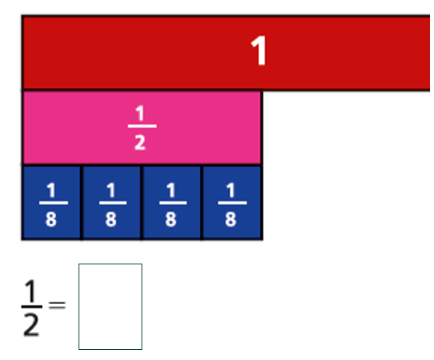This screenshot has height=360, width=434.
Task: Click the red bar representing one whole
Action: (x=226, y=53)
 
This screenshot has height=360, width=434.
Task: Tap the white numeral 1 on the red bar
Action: (x=258, y=51)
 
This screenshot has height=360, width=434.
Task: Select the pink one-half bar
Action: (x=142, y=128)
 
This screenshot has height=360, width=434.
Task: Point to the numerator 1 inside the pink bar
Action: (x=140, y=113)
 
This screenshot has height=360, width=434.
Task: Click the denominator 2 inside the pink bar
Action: (x=140, y=143)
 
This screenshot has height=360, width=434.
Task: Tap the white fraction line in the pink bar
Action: (x=142, y=126)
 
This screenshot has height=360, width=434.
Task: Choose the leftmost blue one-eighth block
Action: (x=51, y=203)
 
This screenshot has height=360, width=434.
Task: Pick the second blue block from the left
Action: (x=111, y=203)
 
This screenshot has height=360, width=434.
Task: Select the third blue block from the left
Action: (x=172, y=203)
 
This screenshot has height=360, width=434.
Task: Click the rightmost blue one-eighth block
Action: (x=233, y=203)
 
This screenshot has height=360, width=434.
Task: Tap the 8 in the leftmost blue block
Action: (x=51, y=219)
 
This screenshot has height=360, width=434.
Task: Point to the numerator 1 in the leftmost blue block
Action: (x=51, y=190)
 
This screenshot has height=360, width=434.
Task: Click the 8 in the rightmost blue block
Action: (x=230, y=219)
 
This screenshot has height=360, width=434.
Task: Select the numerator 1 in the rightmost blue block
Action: (x=231, y=190)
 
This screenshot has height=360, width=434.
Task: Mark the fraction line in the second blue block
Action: (x=113, y=203)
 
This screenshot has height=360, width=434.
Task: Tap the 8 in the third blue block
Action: (x=171, y=219)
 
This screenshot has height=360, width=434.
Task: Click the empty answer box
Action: (x=110, y=306)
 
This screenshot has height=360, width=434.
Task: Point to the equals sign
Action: (x=57, y=306)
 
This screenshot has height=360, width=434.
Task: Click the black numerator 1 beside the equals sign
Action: (x=30, y=291)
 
